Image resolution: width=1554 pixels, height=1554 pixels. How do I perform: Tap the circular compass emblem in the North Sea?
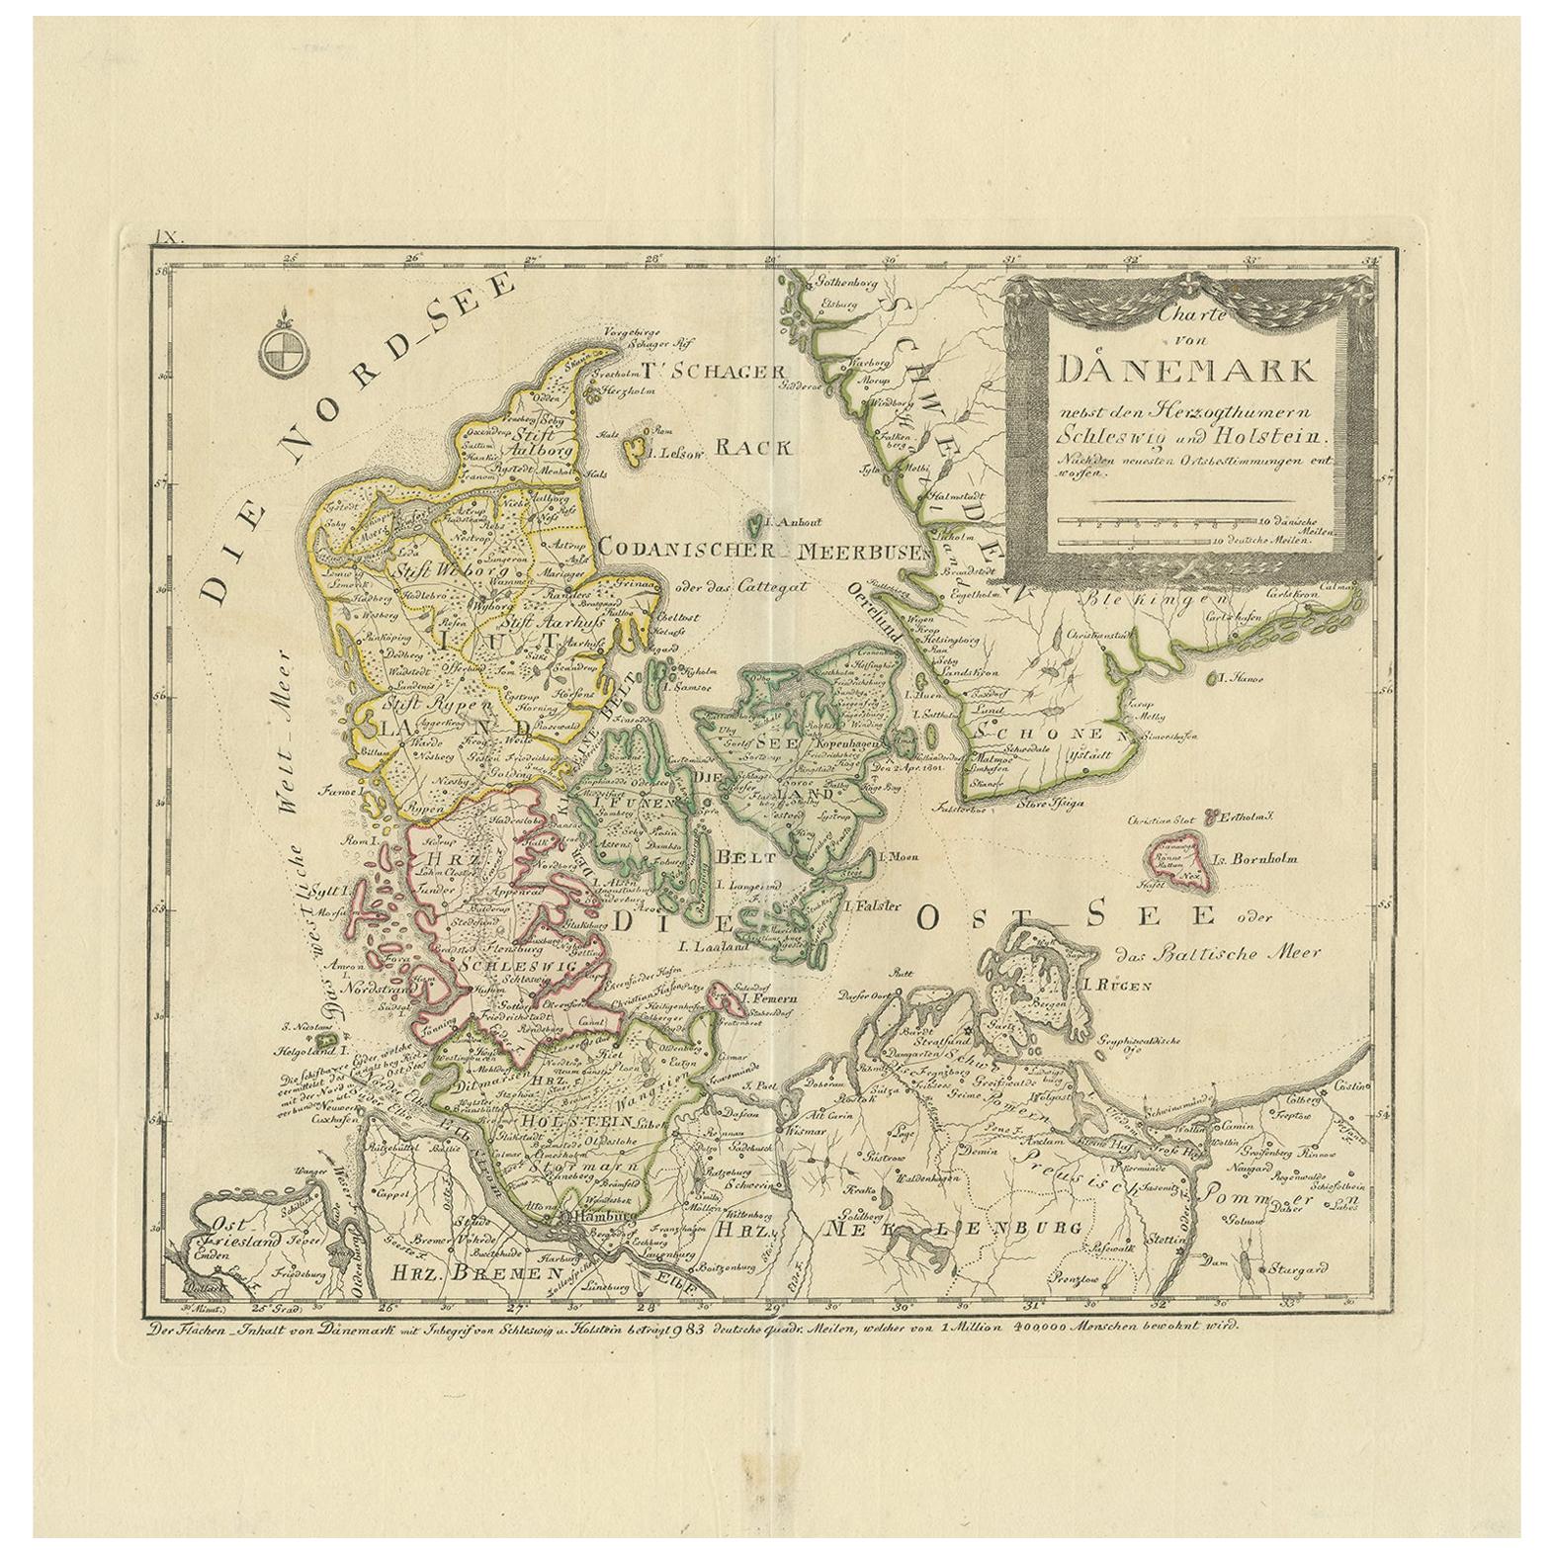point(280,351)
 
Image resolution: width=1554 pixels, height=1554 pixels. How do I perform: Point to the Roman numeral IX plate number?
point(165,236)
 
